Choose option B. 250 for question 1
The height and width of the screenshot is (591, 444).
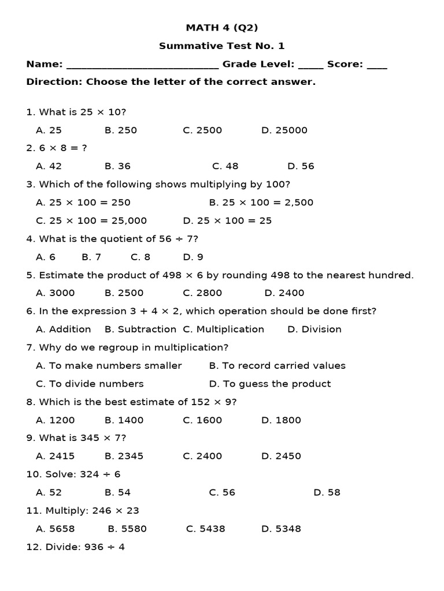click(121, 130)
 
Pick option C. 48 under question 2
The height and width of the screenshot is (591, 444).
click(225, 166)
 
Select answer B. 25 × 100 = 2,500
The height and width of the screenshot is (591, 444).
click(261, 203)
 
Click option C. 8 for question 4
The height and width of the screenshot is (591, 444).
click(140, 257)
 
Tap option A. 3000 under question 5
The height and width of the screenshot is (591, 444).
click(55, 293)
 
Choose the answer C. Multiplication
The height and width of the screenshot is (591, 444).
click(223, 329)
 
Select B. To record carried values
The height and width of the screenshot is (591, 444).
click(277, 365)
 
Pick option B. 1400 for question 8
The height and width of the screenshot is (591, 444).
click(124, 420)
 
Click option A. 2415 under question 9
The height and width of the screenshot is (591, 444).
click(55, 456)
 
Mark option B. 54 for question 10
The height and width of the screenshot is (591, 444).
click(117, 492)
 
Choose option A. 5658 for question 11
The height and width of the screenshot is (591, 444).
click(55, 529)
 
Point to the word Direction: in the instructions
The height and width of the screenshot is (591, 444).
click(54, 82)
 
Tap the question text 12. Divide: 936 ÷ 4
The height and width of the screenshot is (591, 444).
click(75, 547)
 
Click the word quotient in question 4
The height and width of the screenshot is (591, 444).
click(114, 239)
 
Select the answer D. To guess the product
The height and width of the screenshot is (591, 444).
click(269, 384)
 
